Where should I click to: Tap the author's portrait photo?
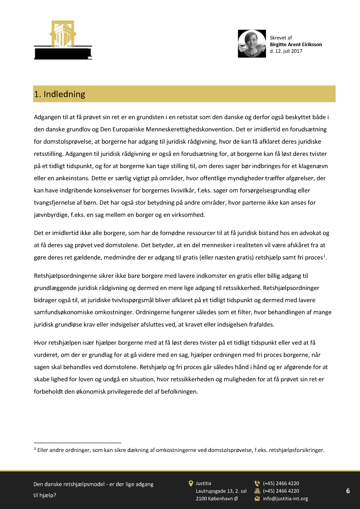252,44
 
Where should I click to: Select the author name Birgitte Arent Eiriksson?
296,44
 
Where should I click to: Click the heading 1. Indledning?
60,94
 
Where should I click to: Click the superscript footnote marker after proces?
324,256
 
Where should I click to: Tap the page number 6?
348,491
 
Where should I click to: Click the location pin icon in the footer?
191,483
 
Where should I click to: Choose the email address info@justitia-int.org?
285,499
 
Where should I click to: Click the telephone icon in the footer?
257,483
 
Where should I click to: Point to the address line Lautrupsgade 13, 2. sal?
221,491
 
